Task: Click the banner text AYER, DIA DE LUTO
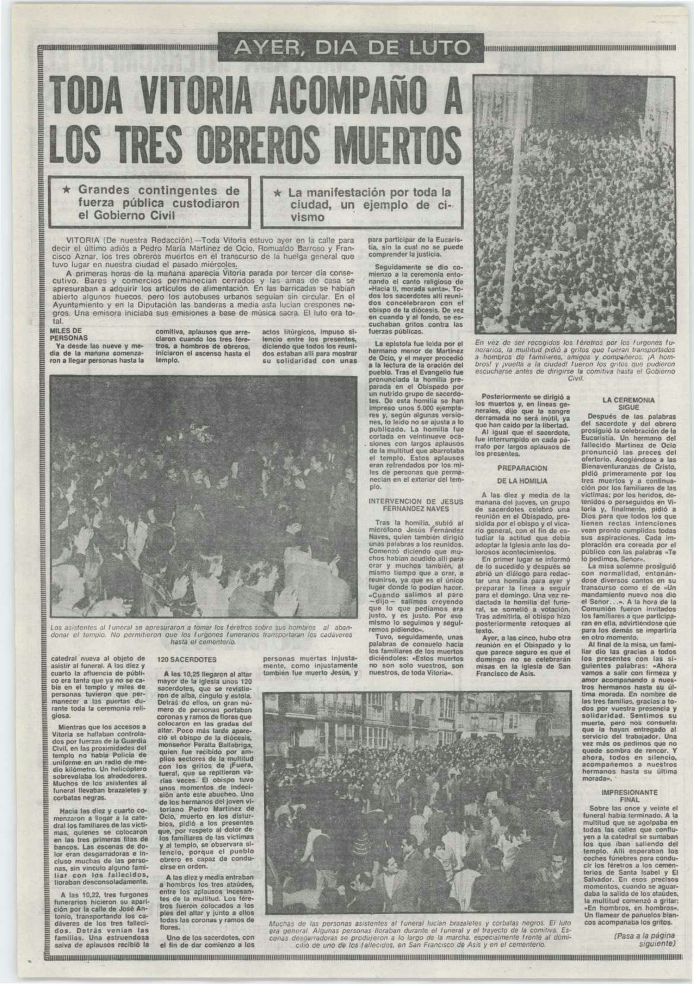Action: click(350, 48)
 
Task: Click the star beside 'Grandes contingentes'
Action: click(66, 190)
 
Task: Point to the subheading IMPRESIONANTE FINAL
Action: click(629, 796)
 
